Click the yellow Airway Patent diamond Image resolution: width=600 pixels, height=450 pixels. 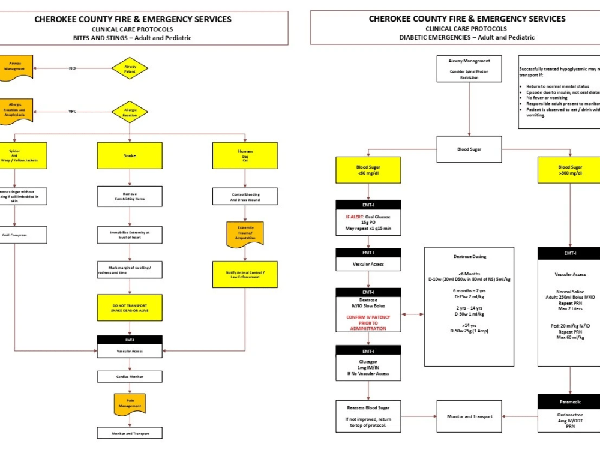130,68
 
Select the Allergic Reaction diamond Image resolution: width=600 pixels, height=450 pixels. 130,112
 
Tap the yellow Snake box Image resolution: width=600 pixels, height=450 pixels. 130,155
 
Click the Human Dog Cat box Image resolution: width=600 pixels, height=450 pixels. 245,155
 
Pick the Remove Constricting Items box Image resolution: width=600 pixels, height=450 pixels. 130,196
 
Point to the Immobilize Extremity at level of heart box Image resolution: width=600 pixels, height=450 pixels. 130,235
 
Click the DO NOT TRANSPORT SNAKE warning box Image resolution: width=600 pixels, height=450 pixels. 130,307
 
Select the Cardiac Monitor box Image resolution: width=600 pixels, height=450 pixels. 130,377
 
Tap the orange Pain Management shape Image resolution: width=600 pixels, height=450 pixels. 130,404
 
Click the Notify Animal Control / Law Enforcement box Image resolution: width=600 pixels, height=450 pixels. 245,274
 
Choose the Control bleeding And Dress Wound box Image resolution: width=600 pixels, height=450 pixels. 245,196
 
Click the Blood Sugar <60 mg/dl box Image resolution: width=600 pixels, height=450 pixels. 368,170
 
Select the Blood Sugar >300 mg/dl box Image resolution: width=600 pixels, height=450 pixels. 569,170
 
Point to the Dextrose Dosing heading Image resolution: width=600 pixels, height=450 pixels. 469,256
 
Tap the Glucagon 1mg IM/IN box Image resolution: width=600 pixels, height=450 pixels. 368,367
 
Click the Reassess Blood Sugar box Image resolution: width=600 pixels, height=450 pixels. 368,416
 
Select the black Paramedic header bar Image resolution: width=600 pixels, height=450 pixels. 569,401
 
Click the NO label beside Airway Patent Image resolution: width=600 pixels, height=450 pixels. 72,68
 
